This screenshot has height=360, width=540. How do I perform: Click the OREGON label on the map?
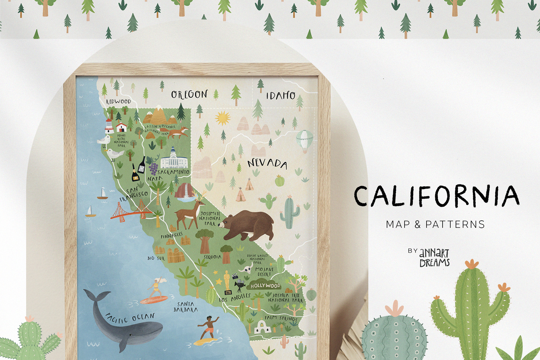click(189, 94)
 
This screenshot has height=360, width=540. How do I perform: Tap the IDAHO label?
click(280, 96)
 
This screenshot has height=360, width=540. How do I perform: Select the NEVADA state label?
click(267, 164)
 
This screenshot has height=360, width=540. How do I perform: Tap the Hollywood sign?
click(265, 285)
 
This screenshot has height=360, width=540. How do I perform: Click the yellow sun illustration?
click(222, 118)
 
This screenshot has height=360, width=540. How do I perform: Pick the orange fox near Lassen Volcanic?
click(179, 132)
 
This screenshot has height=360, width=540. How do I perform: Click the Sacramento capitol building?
click(174, 159)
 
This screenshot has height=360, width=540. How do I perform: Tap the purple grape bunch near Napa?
click(153, 168)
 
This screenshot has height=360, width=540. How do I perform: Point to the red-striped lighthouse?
click(109, 126)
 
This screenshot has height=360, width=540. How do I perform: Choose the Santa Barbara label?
click(186, 307)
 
